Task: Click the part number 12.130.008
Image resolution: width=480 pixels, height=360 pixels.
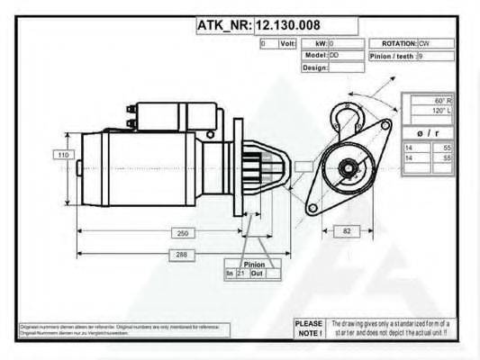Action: pos(290,25)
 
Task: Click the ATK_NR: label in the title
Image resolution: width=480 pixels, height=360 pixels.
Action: pos(224,25)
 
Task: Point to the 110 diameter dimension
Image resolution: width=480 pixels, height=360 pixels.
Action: pos(64,155)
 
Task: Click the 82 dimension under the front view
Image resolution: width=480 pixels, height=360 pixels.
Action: pos(347,231)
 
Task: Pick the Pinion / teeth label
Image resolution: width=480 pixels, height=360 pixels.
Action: pos(393,56)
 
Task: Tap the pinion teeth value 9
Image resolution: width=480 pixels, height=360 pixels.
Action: pos(421,56)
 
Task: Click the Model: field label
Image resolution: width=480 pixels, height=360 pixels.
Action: pos(314,56)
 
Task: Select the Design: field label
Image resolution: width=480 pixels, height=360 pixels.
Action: pos(314,67)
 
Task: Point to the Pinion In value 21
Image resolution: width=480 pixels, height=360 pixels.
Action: pos(240,273)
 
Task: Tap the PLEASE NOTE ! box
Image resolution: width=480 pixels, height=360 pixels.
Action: pos(308,328)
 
